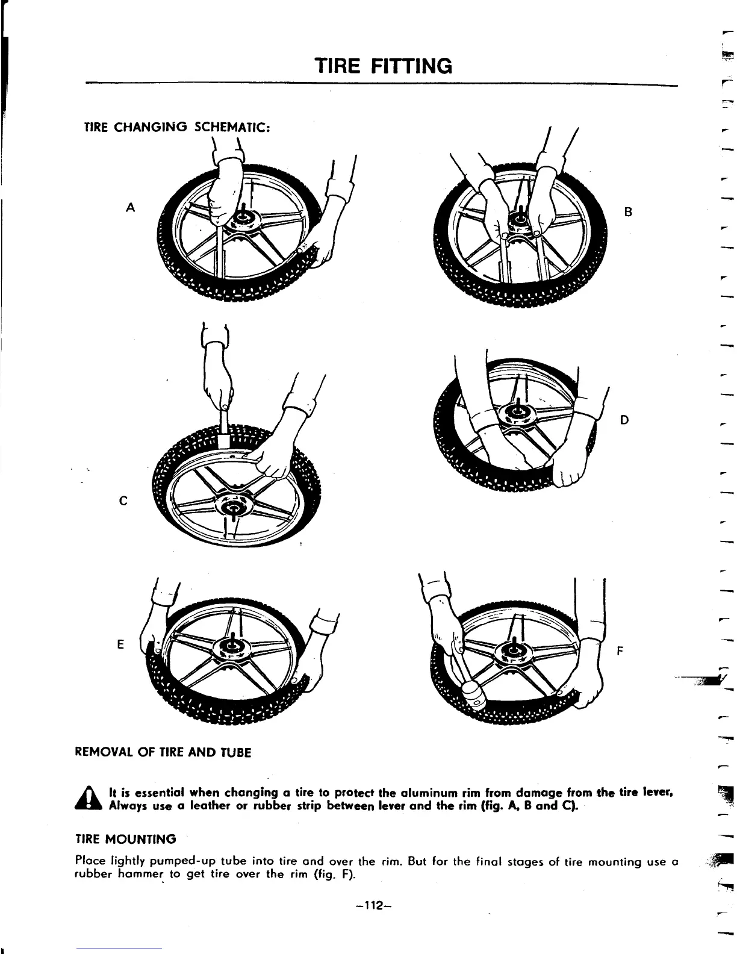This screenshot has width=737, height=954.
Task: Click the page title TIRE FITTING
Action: (x=384, y=65)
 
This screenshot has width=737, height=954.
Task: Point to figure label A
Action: (x=129, y=208)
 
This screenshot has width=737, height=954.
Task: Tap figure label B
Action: (x=628, y=212)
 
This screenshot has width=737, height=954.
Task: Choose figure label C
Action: (x=122, y=500)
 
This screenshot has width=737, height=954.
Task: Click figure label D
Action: (x=624, y=419)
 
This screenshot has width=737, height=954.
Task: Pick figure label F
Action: (x=621, y=651)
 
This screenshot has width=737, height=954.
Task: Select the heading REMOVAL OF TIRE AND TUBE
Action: (x=163, y=753)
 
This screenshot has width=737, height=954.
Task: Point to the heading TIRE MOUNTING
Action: (x=125, y=839)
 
